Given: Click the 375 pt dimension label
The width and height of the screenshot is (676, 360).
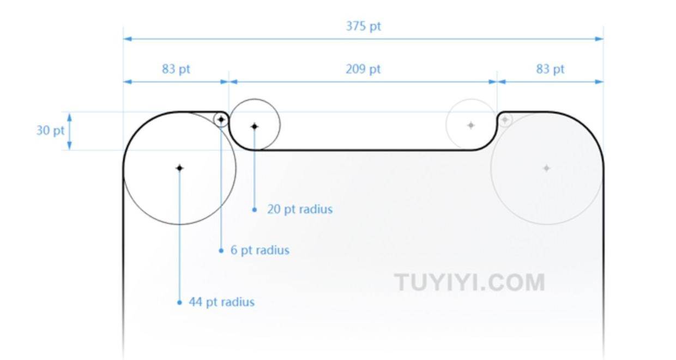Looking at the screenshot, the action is point(363,26).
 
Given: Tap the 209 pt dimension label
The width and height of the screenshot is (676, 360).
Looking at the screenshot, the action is point(363,69).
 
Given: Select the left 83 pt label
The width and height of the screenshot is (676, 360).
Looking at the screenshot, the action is point(176,69).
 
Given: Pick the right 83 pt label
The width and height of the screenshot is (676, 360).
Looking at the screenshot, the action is point(550,69).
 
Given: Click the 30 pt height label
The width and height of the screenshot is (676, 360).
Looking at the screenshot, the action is point(50,130).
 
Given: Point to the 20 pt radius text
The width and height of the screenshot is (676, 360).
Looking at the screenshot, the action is point(300,209).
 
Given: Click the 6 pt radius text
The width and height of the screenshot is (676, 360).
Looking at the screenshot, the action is point(260,250).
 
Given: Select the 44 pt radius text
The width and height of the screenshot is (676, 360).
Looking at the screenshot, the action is point(222,302).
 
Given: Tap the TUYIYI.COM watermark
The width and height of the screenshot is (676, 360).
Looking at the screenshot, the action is point(469,283).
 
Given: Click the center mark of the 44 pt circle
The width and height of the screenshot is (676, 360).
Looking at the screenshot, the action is point(179,168).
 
